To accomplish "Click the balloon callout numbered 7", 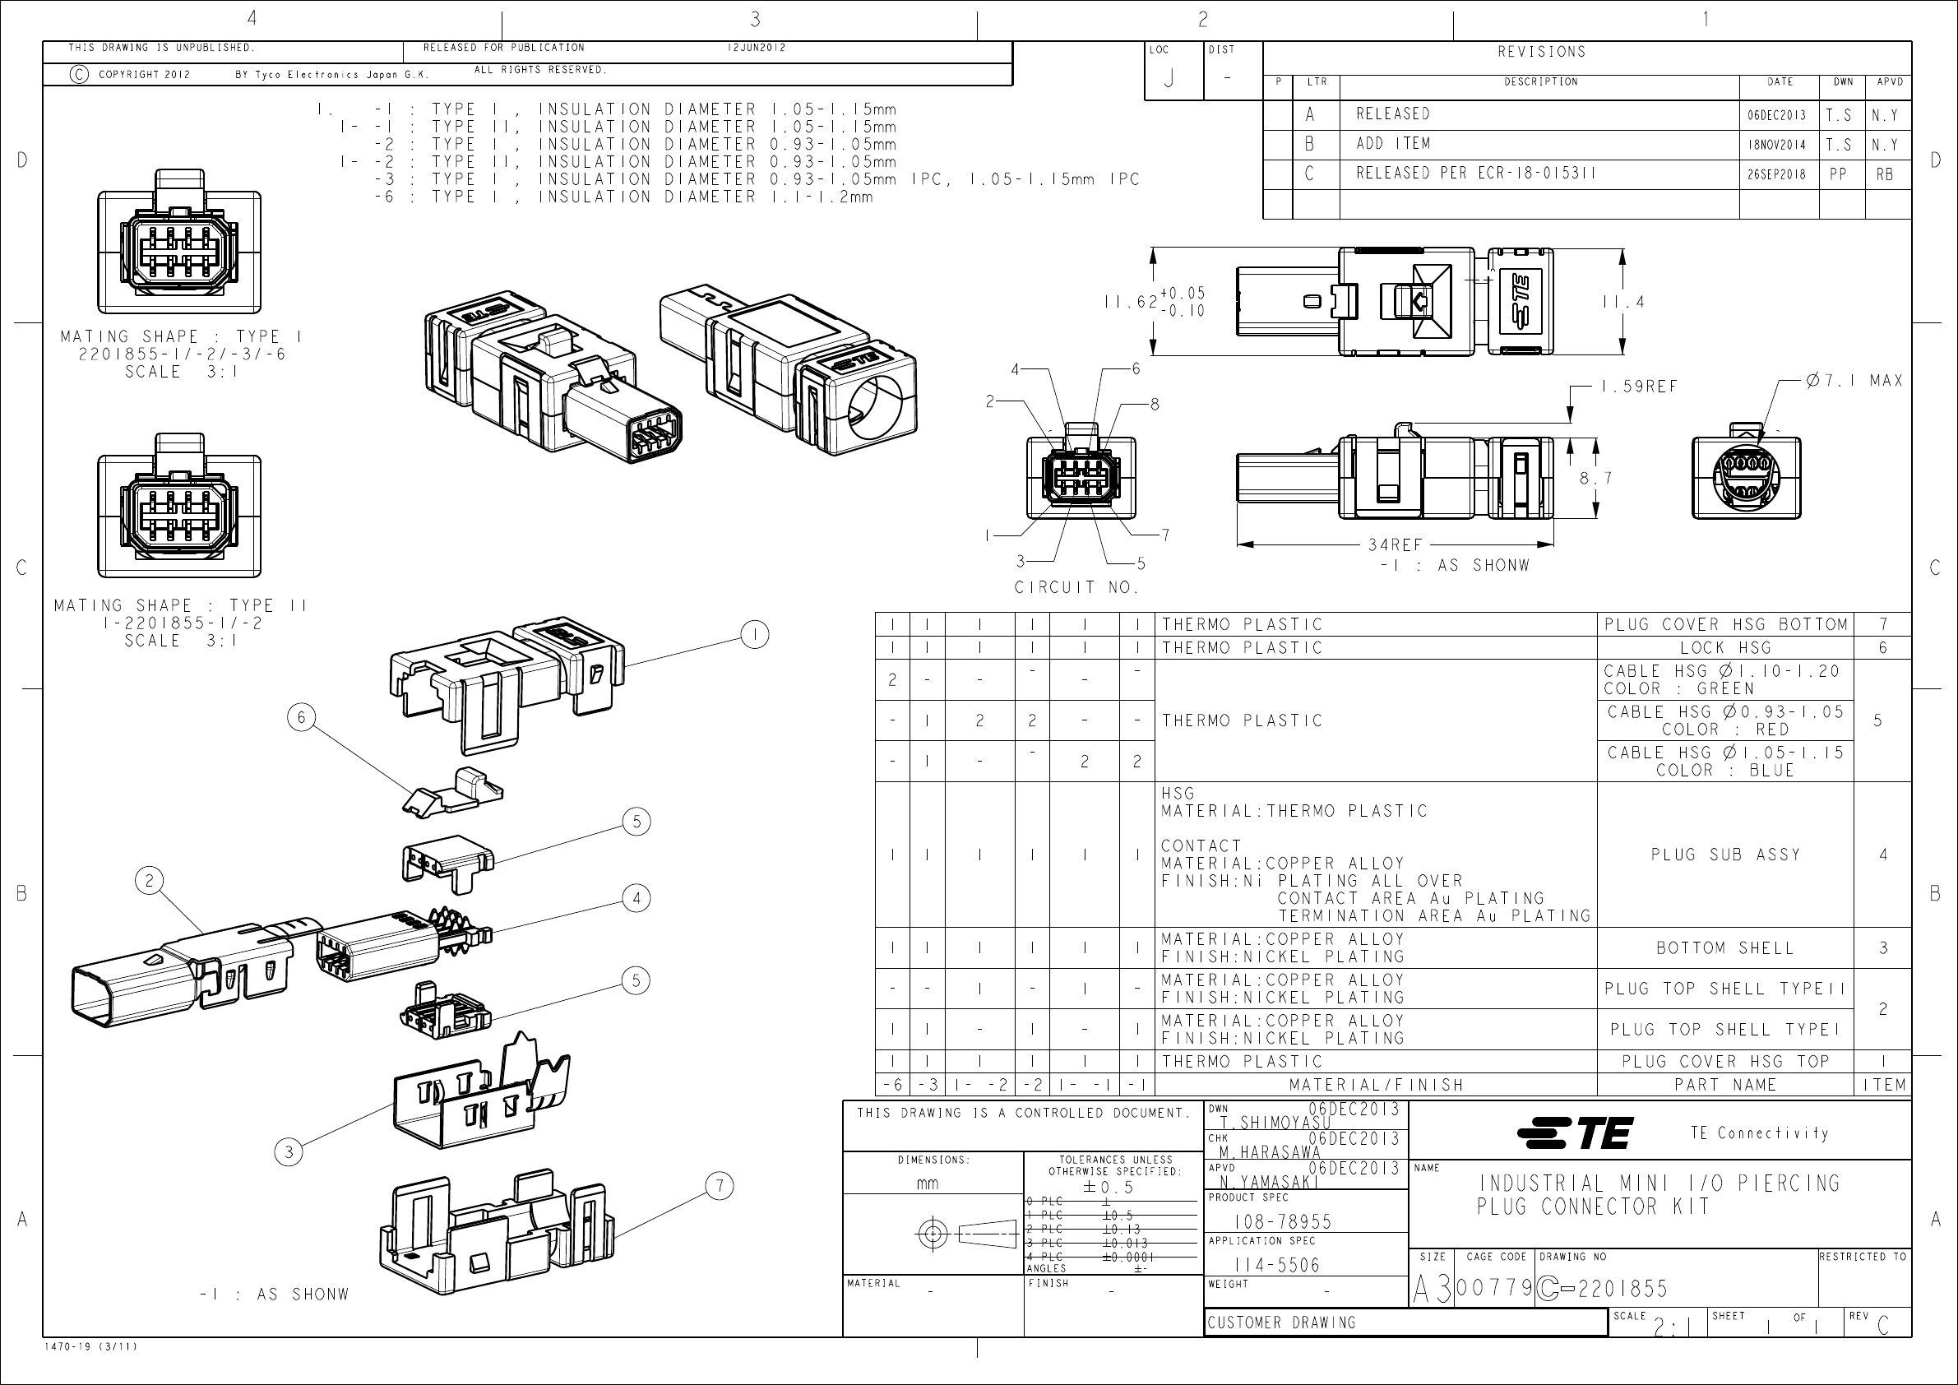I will pos(720,1185).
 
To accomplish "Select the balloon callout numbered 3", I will pos(289,1152).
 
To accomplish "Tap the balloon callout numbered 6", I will pos(301,717).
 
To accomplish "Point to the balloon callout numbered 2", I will pos(149,880).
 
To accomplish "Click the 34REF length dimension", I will pos(1396,544).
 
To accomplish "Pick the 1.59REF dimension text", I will pos(1639,387).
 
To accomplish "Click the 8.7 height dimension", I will pos(1595,478).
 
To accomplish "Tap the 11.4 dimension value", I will pos(1622,301).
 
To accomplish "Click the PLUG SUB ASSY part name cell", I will pos(1725,854).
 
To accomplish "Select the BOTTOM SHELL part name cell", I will pos(1725,947).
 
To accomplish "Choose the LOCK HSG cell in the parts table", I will pos(1725,647).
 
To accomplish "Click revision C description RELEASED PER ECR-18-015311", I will pos(1476,173).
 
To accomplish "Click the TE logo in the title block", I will pos(1574,1133).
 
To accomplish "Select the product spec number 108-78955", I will pos(1282,1221).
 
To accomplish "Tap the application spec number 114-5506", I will pos(1276,1265).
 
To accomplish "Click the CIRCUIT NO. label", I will pos(1076,586).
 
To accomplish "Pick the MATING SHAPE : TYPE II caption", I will pos(180,604).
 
